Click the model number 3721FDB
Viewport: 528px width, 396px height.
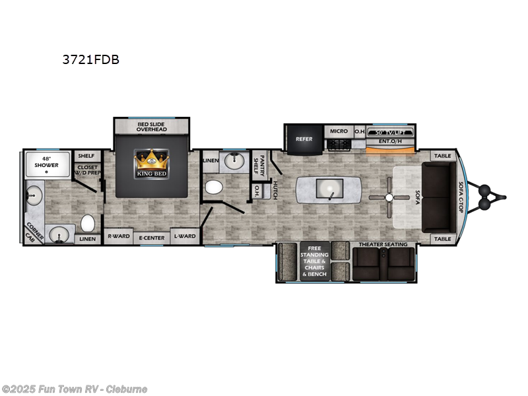pos(91,59)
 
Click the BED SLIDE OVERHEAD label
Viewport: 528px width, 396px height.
pos(151,127)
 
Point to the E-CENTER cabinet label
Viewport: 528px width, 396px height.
pos(151,237)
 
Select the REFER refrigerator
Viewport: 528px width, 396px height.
pos(304,139)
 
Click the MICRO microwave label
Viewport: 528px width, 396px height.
pos(339,131)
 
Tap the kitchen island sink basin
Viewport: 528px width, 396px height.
pos(327,189)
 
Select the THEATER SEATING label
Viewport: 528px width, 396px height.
pos(383,245)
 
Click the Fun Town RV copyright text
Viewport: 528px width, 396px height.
pos(74,389)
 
